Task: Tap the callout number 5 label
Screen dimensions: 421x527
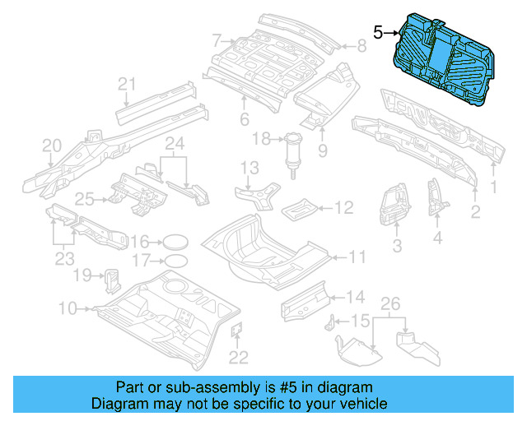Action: click(379, 33)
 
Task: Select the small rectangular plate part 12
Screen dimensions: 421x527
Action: click(298, 209)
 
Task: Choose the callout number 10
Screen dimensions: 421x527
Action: click(68, 308)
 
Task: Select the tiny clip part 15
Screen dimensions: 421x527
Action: click(334, 321)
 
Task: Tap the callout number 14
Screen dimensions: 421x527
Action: click(354, 297)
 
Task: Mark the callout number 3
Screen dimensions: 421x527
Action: click(396, 246)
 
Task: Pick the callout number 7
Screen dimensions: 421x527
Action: click(217, 39)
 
